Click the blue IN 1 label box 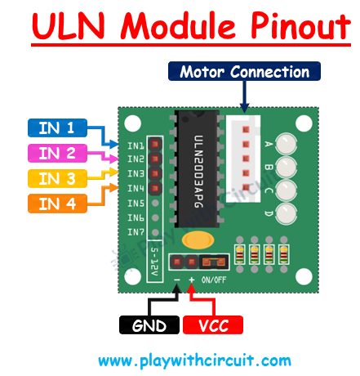[x=56, y=127]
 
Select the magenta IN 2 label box [x=56, y=152]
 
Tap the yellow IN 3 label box [x=56, y=177]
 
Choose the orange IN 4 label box [x=56, y=203]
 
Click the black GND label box [x=149, y=325]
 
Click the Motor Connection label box [x=245, y=72]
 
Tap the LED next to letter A [x=287, y=146]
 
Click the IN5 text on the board [x=136, y=203]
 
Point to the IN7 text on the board [x=136, y=231]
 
